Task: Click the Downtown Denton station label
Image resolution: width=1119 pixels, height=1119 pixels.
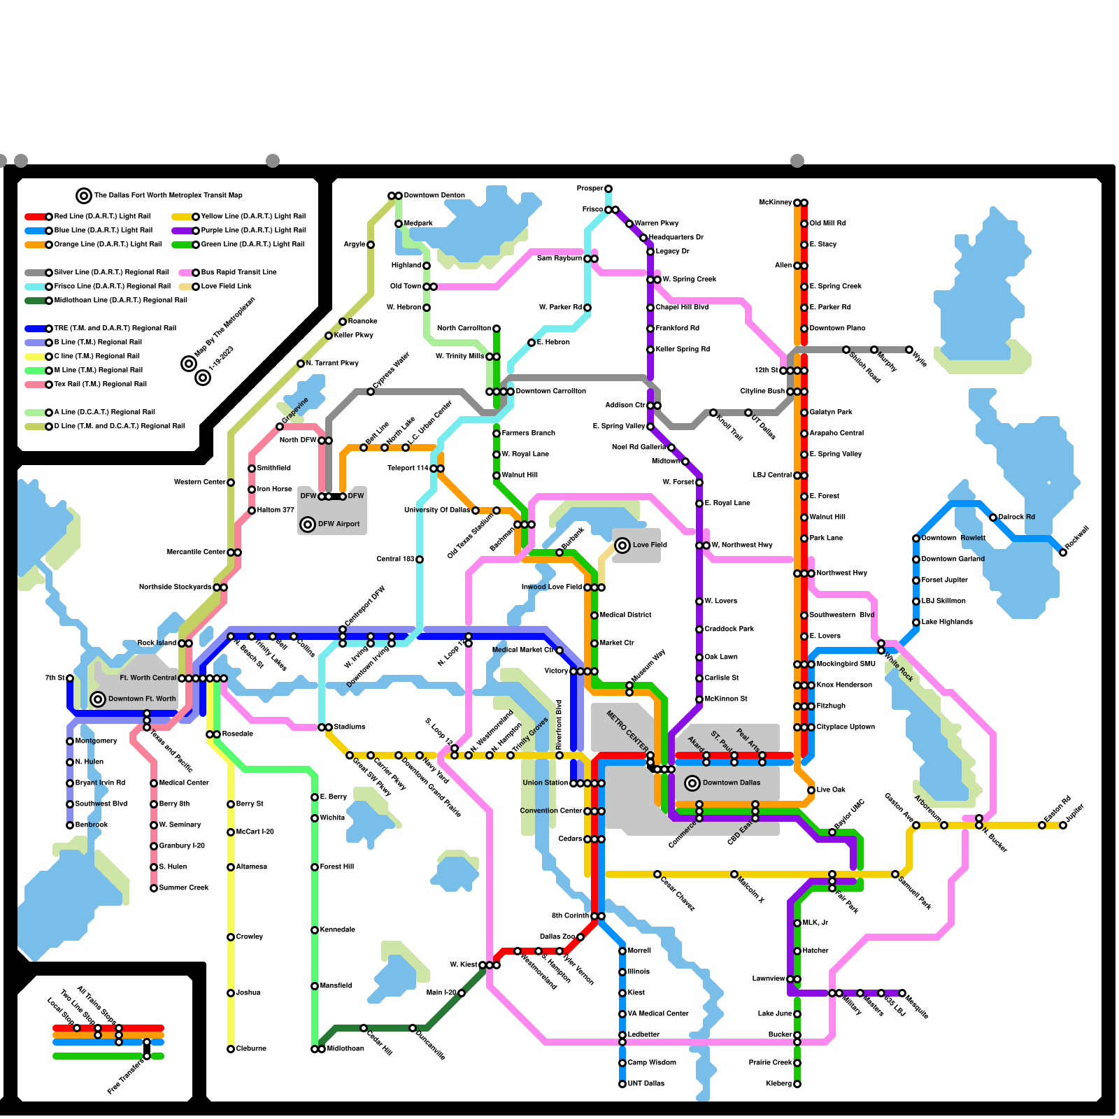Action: coord(434,196)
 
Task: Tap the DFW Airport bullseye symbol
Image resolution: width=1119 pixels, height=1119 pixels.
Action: coord(308,525)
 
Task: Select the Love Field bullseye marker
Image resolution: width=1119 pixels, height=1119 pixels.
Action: coord(622,546)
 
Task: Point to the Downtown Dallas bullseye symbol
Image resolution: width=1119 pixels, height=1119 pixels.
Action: coord(692,783)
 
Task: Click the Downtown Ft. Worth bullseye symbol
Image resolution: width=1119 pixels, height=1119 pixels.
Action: coord(99,699)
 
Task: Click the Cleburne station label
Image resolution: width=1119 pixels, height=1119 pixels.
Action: coord(251,1049)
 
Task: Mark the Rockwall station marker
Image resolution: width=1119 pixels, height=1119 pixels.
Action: coord(1063,553)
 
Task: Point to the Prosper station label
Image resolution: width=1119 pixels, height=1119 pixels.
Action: coord(590,189)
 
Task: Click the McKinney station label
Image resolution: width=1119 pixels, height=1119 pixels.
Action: coord(775,203)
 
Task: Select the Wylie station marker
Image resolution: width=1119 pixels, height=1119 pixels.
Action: coord(909,350)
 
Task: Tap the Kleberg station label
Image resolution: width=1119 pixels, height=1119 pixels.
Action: coord(778,1084)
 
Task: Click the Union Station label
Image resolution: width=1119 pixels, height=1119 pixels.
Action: coord(545,783)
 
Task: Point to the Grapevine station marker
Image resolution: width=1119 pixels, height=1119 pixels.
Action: coord(280,427)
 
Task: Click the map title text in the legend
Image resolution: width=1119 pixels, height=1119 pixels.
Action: coord(168,196)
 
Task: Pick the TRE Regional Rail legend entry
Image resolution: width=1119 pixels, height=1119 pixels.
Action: coord(115,329)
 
